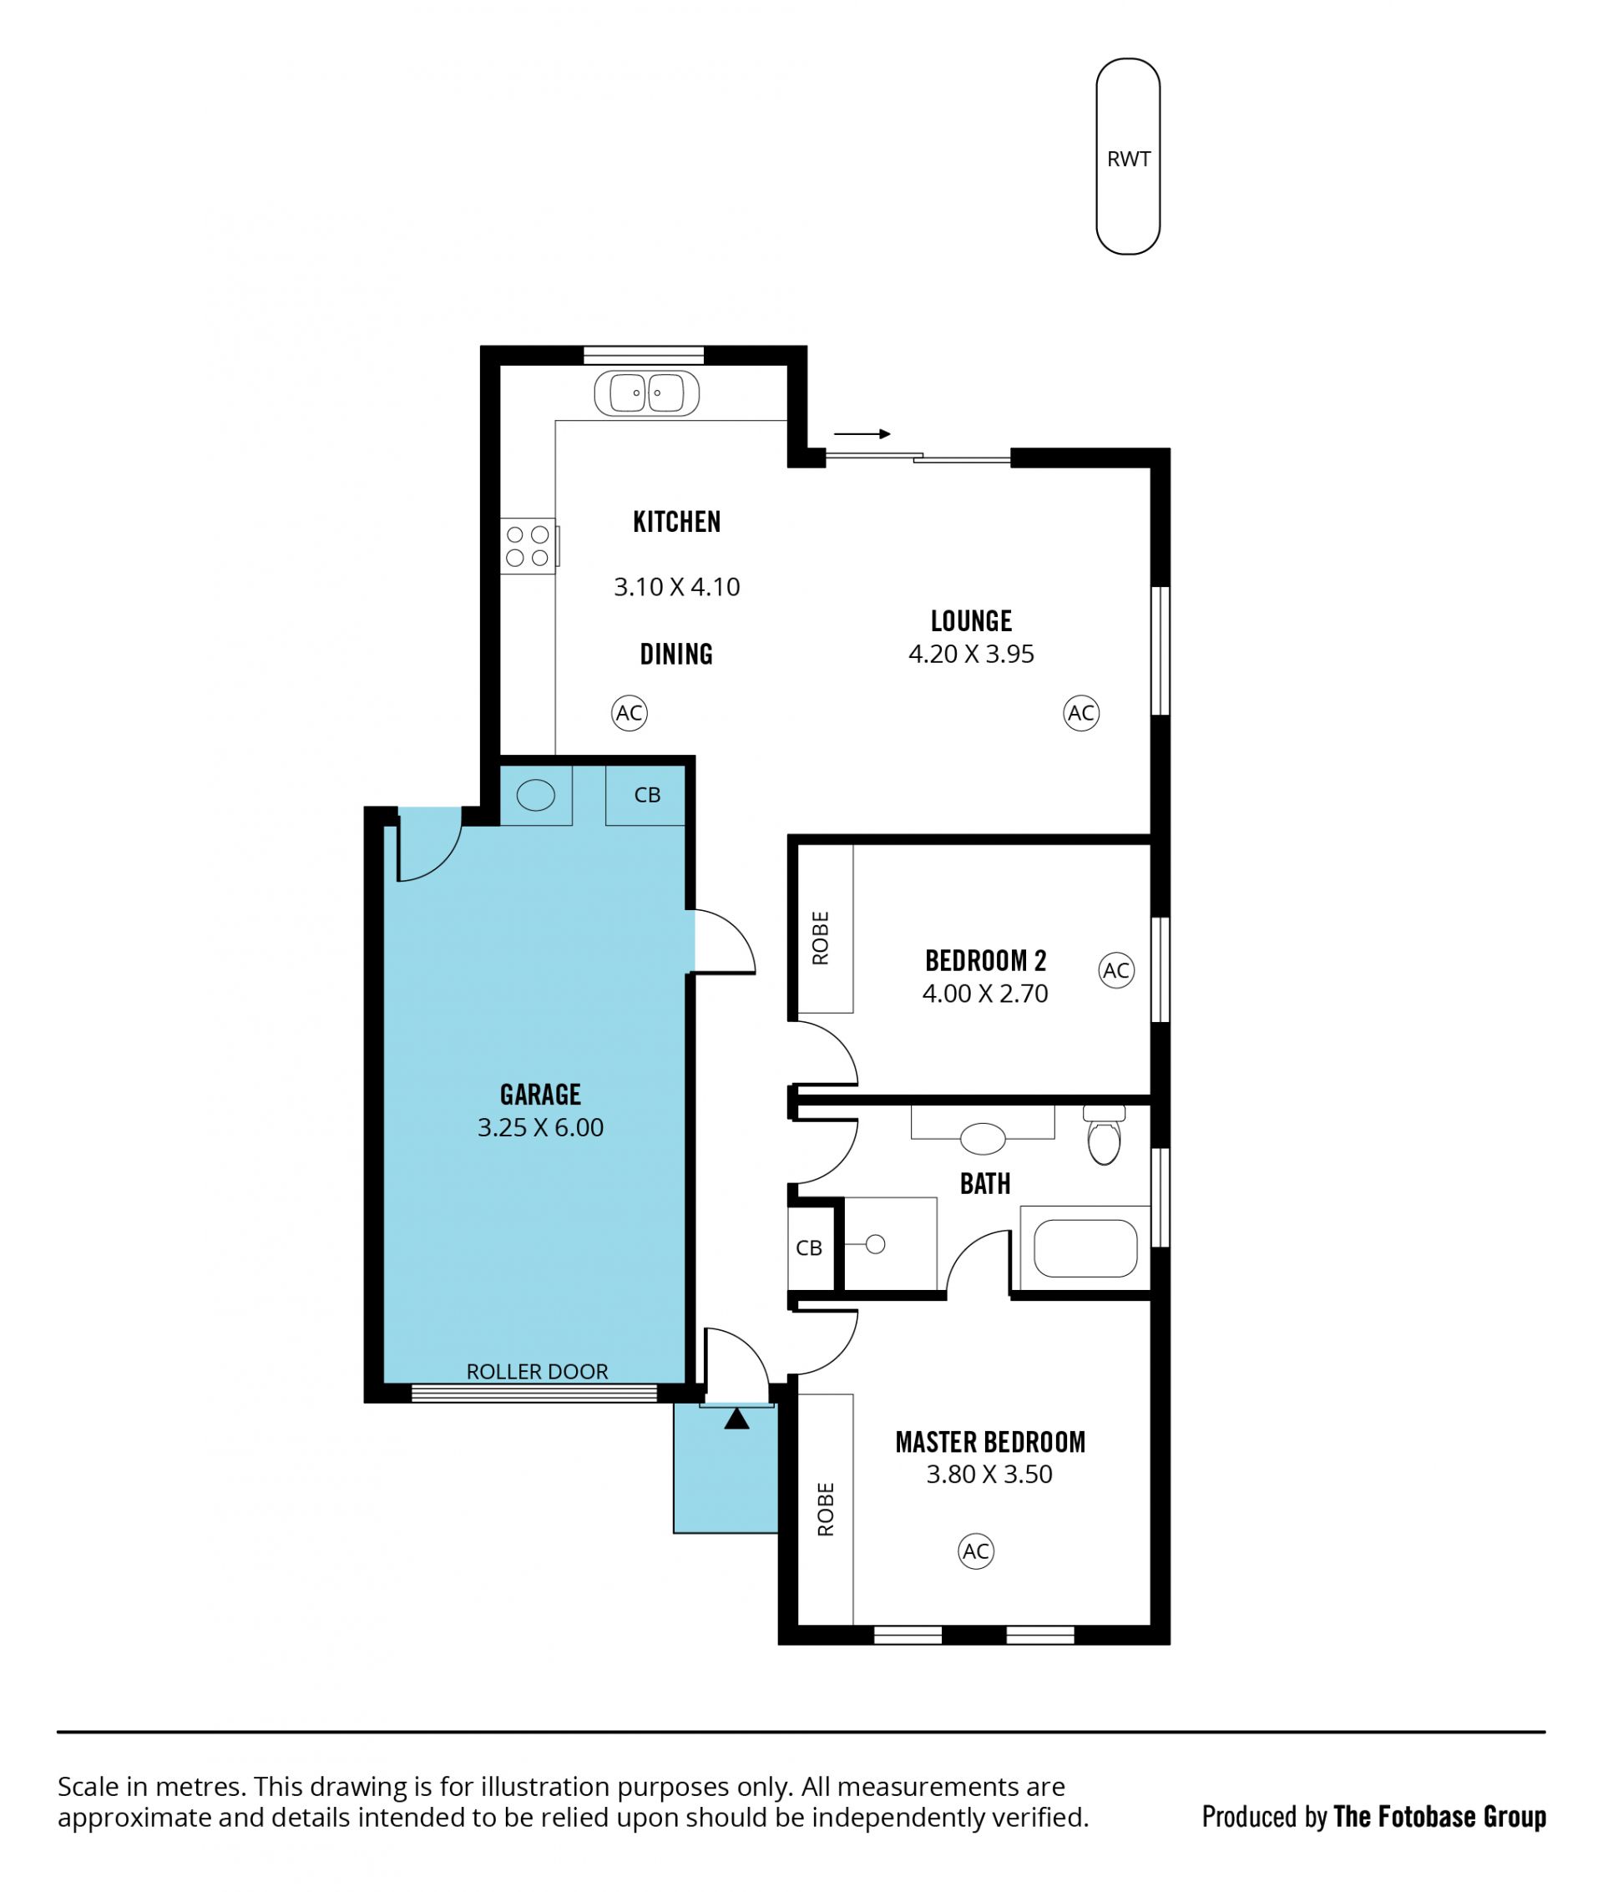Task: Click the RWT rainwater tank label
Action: click(1128, 159)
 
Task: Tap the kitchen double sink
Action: click(646, 393)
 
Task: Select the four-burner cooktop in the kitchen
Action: click(528, 546)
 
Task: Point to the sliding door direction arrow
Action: click(862, 434)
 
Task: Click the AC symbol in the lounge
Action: click(1080, 713)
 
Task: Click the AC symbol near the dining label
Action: click(629, 713)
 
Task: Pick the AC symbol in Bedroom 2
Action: click(1116, 970)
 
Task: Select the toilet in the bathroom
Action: click(1104, 1135)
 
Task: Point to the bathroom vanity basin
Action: click(983, 1138)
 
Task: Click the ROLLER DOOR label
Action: click(537, 1371)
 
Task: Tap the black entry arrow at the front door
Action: click(737, 1418)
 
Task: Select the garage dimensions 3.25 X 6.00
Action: click(541, 1128)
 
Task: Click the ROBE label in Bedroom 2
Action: click(821, 938)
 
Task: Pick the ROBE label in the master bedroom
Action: click(826, 1510)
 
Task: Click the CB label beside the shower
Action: click(809, 1248)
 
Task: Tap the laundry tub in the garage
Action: click(535, 795)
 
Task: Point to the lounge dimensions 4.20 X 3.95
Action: click(972, 655)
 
